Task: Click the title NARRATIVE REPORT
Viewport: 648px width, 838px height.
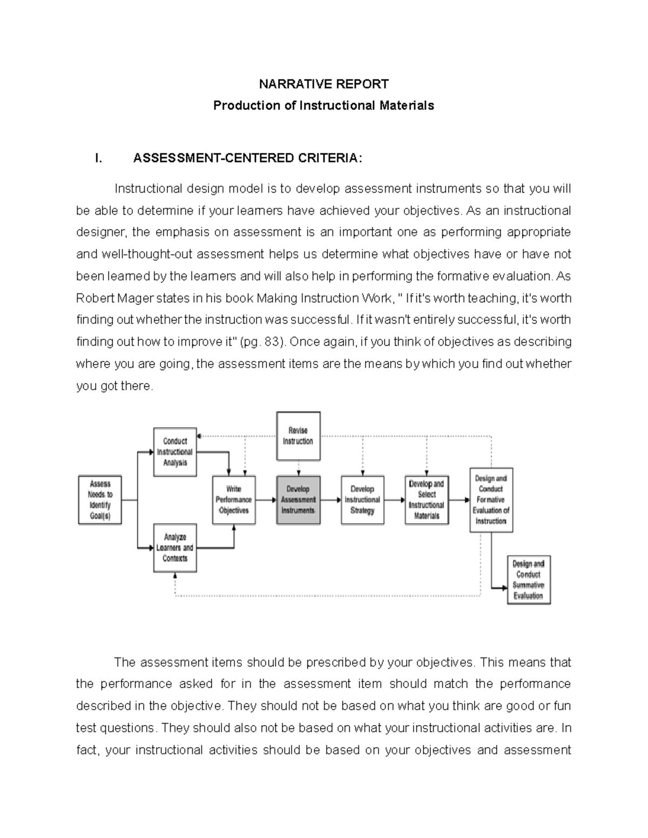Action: click(323, 84)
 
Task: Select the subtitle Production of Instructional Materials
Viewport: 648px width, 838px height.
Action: click(323, 105)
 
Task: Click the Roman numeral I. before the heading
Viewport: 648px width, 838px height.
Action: click(98, 158)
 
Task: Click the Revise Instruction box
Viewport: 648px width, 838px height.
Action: click(298, 436)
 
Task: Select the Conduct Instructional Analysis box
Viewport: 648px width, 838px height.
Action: click(175, 452)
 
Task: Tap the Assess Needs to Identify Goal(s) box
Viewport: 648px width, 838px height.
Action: click(100, 500)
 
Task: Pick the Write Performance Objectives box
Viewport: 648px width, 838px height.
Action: click(234, 500)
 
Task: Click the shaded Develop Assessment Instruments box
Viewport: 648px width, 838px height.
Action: click(298, 500)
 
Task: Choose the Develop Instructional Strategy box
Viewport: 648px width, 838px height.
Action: click(362, 500)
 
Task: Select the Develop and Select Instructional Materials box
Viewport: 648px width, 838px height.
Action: click(427, 500)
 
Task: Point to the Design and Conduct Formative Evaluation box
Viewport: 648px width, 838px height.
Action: click(491, 500)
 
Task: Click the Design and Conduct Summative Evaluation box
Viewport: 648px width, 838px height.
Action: click(528, 580)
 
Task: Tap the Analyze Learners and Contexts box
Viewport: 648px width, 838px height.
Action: click(175, 548)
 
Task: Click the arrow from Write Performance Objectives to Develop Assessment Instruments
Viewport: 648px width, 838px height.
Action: click(266, 500)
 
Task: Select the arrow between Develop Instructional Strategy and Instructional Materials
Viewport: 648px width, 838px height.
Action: click(395, 500)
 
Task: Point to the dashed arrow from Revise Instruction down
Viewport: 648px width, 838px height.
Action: click(298, 468)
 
